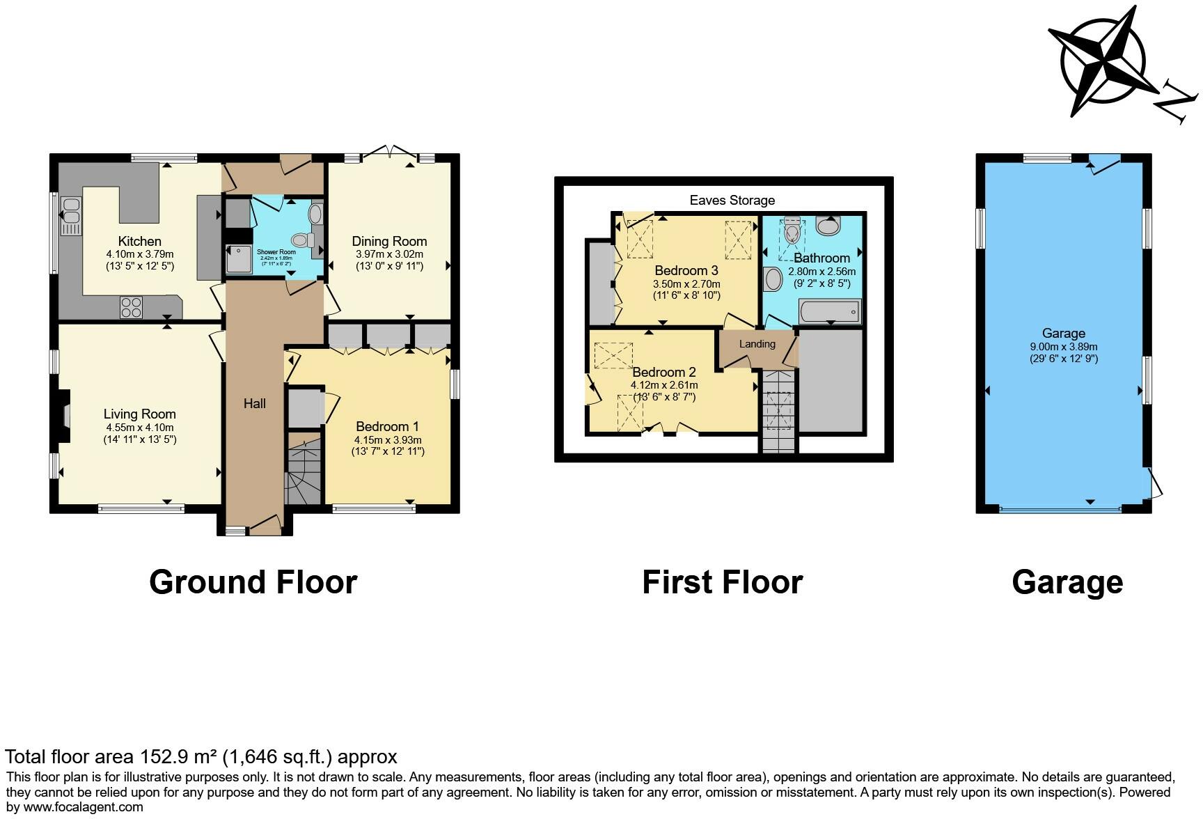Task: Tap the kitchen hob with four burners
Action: click(x=132, y=307)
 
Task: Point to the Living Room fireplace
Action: click(x=64, y=416)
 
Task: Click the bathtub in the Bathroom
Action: click(x=829, y=311)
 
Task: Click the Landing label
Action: click(x=757, y=344)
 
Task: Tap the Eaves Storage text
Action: click(x=732, y=201)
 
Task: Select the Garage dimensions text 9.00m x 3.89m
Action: click(x=1063, y=347)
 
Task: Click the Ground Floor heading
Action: click(x=253, y=582)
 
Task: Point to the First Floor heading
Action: click(x=722, y=582)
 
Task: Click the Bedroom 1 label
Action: click(x=387, y=426)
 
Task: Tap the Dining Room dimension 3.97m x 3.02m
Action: click(x=388, y=255)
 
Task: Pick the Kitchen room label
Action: click(x=139, y=242)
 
